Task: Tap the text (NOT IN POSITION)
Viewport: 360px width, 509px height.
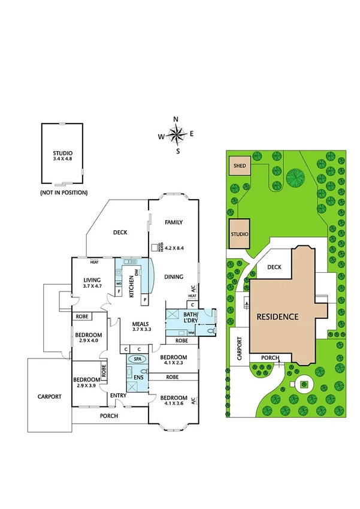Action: [63, 192]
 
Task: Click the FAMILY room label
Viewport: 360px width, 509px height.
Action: [174, 222]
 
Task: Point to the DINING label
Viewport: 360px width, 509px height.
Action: [174, 277]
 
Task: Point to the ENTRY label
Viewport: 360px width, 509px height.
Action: [118, 395]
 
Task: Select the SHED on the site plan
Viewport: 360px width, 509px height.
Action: [240, 166]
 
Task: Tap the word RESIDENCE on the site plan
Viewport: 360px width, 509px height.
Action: [278, 316]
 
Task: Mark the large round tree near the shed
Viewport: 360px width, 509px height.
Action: [295, 177]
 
